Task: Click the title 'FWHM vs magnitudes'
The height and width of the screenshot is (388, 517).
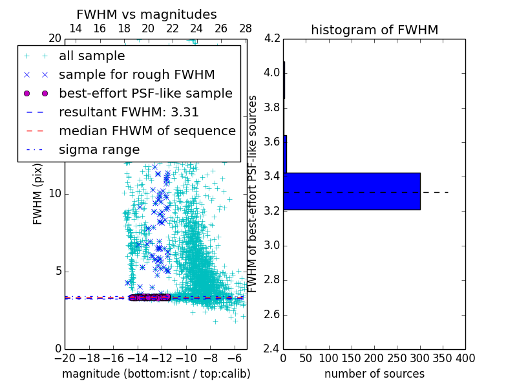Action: pyautogui.click(x=146, y=14)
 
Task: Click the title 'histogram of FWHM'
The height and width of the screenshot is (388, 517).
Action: pyautogui.click(x=374, y=30)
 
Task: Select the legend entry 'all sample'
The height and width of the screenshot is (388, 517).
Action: pyautogui.click(x=92, y=56)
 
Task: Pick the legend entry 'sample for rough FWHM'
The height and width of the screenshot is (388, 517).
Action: pyautogui.click(x=136, y=75)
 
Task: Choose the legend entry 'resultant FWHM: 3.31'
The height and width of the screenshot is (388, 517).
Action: pyautogui.click(x=129, y=113)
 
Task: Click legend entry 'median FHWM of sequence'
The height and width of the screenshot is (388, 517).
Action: pyautogui.click(x=147, y=131)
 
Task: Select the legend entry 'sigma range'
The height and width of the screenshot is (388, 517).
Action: pyautogui.click(x=99, y=150)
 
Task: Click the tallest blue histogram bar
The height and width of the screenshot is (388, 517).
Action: pyautogui.click(x=352, y=191)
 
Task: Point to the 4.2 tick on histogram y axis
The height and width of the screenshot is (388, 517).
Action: pyautogui.click(x=272, y=38)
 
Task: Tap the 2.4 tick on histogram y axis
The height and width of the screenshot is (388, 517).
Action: pyautogui.click(x=272, y=349)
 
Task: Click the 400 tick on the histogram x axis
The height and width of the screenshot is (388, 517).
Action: pyautogui.click(x=465, y=358)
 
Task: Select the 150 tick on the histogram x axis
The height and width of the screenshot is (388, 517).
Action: pyautogui.click(x=352, y=358)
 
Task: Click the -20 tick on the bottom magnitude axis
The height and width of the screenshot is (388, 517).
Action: pyautogui.click(x=65, y=358)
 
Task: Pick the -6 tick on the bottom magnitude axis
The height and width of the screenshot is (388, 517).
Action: pyautogui.click(x=235, y=358)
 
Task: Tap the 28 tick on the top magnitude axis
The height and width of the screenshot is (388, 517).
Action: pyautogui.click(x=246, y=29)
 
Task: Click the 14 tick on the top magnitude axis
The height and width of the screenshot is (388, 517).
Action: pyautogui.click(x=75, y=29)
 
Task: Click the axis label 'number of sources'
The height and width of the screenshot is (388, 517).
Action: pyautogui.click(x=374, y=374)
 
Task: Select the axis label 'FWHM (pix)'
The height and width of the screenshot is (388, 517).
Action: pyautogui.click(x=38, y=194)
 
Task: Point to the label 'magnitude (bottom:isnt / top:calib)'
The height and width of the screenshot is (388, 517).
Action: pyautogui.click(x=156, y=374)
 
